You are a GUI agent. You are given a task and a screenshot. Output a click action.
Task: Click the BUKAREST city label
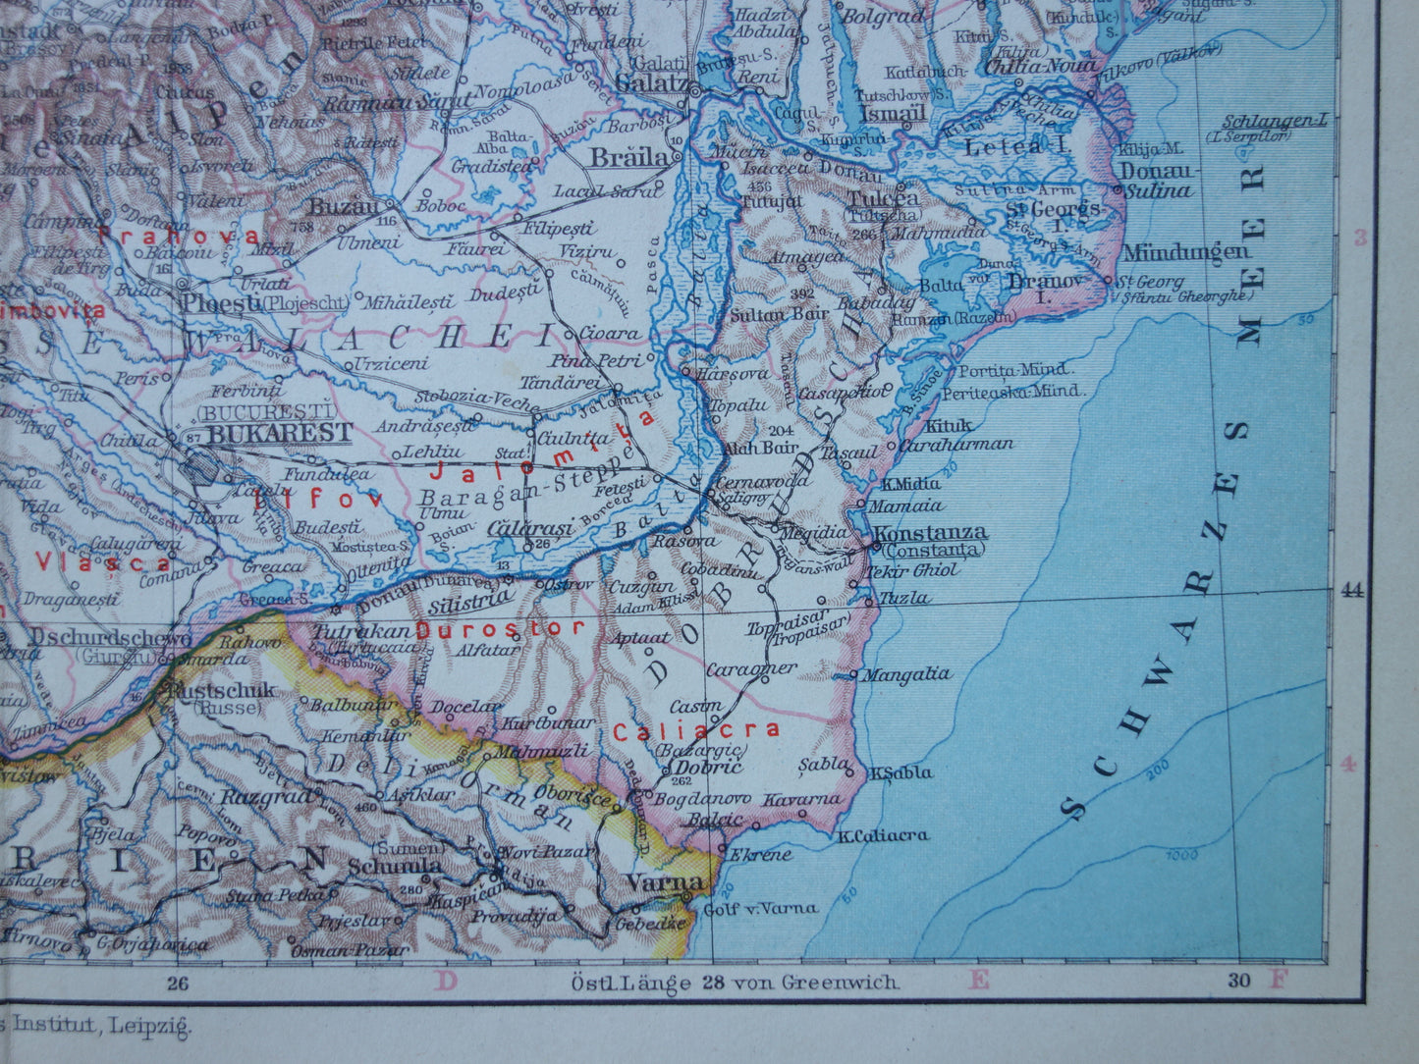coord(280,433)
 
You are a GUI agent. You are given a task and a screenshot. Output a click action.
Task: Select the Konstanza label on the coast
coord(930,533)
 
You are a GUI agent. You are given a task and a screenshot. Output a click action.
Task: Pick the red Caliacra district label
coord(696,729)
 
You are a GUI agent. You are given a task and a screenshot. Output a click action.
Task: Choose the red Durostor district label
coord(501,628)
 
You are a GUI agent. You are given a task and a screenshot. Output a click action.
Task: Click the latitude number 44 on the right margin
coord(1352,590)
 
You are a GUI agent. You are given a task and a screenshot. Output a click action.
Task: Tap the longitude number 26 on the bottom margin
coord(178,981)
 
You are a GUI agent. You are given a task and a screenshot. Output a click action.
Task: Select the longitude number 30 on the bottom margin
coord(1239,980)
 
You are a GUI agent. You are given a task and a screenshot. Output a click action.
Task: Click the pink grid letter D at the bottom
coord(447,981)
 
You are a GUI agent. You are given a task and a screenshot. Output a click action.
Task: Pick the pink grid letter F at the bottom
coord(1278,980)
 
